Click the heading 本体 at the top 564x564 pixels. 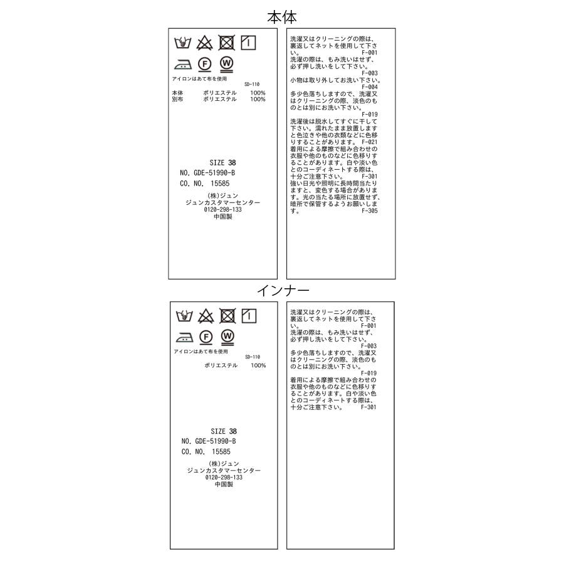[x=282, y=16]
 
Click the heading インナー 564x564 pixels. [x=283, y=290]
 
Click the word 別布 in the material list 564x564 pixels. [x=178, y=99]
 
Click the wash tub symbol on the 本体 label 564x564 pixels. [x=183, y=43]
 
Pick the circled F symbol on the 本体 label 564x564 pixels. [x=204, y=63]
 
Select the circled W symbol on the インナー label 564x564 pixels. [x=227, y=337]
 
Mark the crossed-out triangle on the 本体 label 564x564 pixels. [x=205, y=43]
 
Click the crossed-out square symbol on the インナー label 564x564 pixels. [x=227, y=316]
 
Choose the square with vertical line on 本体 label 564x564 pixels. [x=248, y=43]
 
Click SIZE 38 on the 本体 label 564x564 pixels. [x=223, y=162]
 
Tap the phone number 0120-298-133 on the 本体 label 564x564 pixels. [x=223, y=209]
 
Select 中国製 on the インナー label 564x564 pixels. [x=224, y=484]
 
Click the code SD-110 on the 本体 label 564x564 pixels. [x=251, y=84]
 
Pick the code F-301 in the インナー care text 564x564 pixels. [x=369, y=407]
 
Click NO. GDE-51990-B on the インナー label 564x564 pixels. [x=209, y=441]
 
